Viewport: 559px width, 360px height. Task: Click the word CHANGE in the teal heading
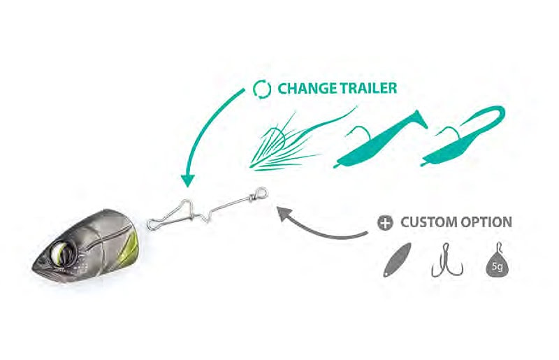(307, 88)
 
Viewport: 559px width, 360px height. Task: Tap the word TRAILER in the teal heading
(368, 88)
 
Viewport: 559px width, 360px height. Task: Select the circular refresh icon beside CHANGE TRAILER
(261, 89)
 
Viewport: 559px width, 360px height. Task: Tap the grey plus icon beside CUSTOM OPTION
(385, 222)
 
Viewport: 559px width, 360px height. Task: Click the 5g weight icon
(497, 260)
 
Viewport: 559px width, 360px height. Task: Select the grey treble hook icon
(447, 260)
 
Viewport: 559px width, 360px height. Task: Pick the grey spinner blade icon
(397, 259)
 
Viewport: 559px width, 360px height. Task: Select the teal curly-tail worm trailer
(463, 136)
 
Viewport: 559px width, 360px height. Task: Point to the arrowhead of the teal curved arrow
(187, 180)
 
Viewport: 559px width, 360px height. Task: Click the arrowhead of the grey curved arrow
(284, 213)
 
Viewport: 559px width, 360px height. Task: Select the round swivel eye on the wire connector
(261, 194)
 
